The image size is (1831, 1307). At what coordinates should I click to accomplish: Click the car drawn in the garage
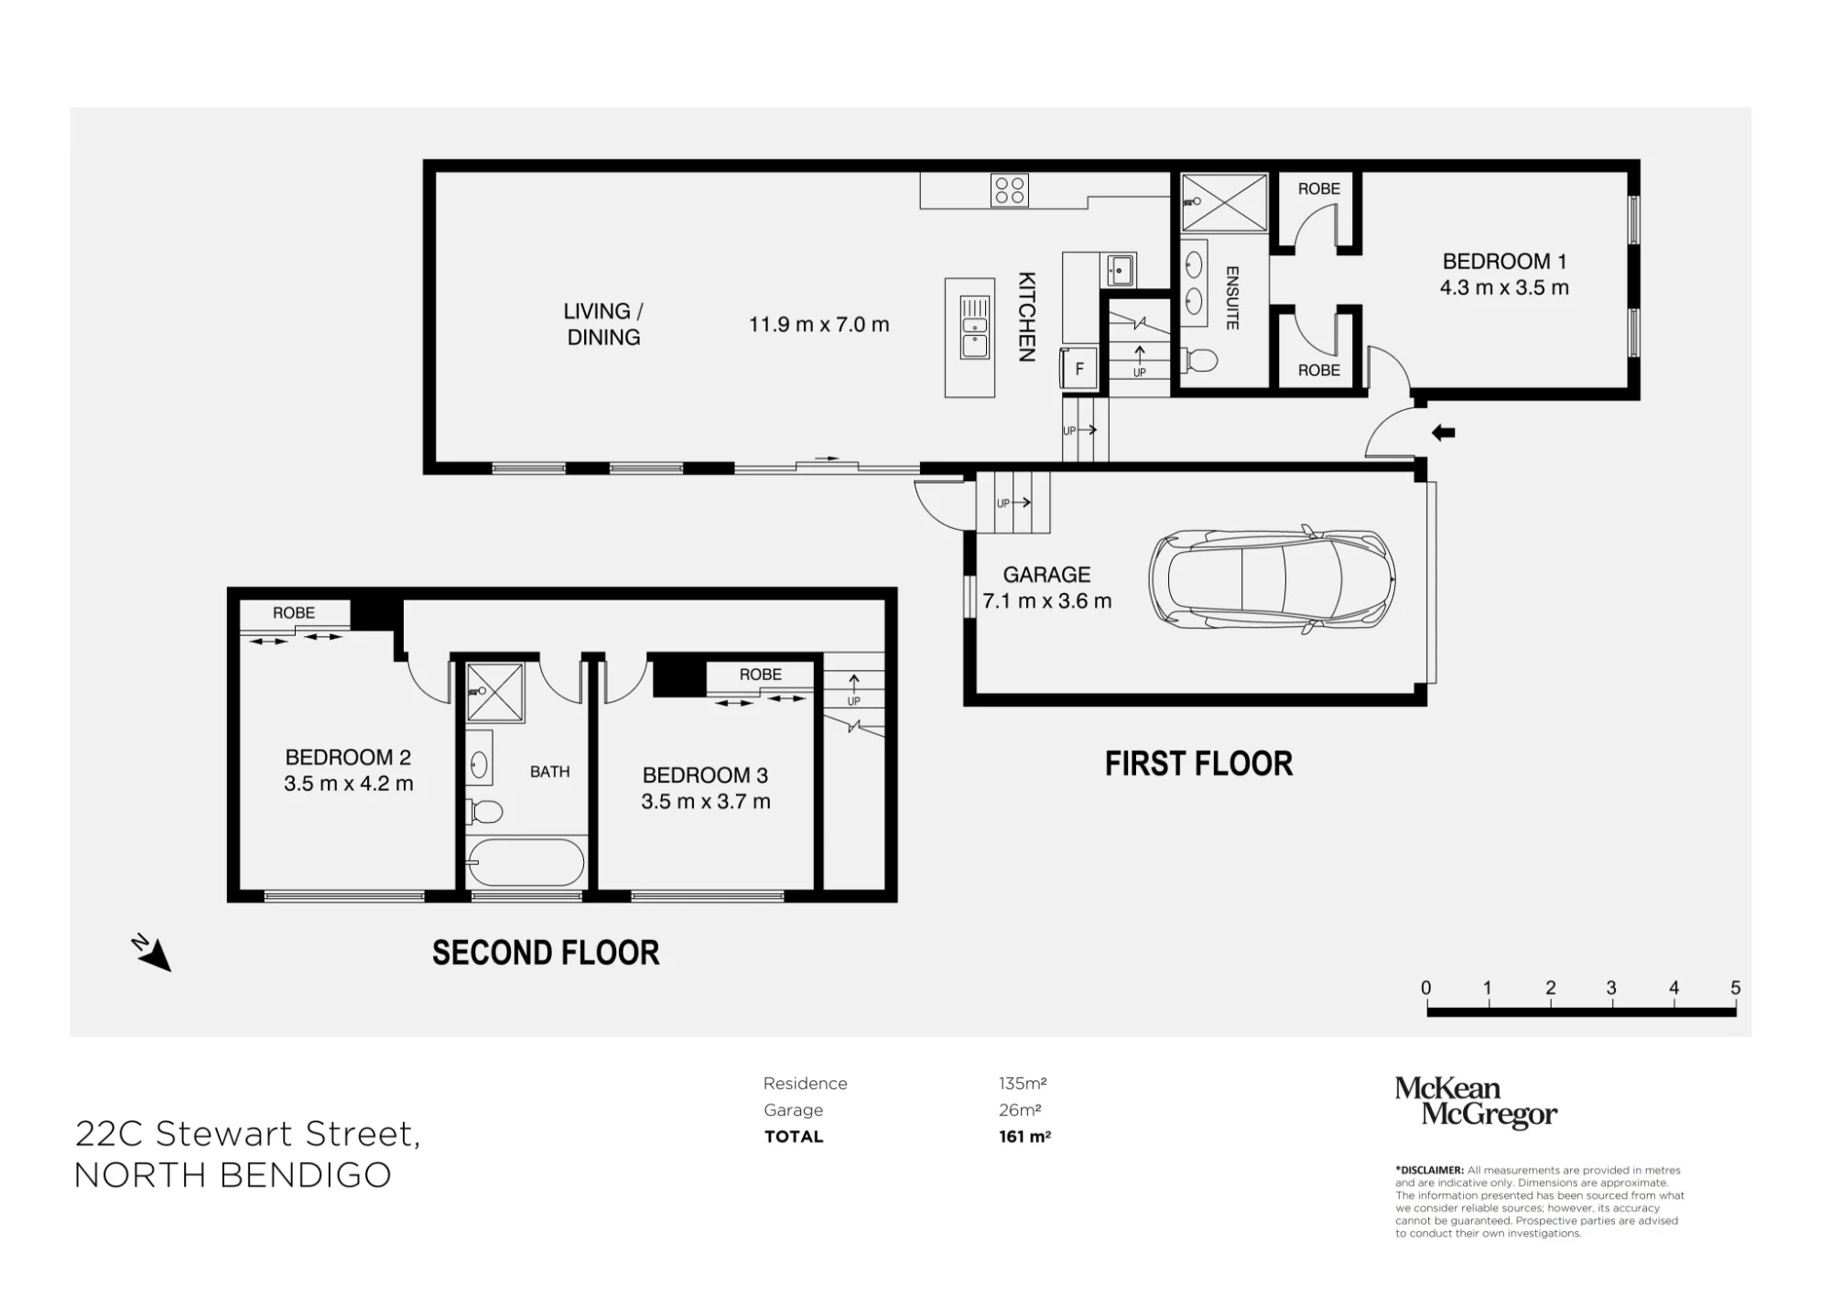point(1273,579)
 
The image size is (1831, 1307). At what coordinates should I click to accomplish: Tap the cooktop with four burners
point(1010,190)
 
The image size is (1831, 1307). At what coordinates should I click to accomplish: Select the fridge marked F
point(1079,369)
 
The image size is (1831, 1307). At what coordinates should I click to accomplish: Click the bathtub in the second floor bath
point(525,862)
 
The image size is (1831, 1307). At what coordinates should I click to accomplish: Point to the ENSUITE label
point(1232,298)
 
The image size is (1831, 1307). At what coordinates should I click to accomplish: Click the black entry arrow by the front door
point(1444,433)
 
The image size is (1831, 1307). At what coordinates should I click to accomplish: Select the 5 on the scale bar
point(1735,988)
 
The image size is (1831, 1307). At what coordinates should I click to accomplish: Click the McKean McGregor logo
point(1476,1102)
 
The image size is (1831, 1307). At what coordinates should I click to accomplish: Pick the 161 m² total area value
point(1024,1137)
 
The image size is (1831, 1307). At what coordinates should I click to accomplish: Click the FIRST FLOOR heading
point(1198,763)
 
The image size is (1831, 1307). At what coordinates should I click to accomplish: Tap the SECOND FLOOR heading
point(546,953)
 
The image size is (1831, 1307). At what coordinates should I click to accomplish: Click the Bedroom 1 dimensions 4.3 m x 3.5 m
point(1504,287)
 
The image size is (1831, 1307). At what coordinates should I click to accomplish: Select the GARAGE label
point(1046,575)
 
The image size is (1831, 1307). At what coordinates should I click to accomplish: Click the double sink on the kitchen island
point(974,327)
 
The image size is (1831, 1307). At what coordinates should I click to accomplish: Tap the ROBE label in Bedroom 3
point(761,675)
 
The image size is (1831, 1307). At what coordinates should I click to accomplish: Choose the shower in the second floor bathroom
point(495,692)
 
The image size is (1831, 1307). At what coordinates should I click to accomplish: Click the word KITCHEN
point(1027,317)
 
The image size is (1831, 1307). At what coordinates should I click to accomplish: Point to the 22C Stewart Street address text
point(247,1134)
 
